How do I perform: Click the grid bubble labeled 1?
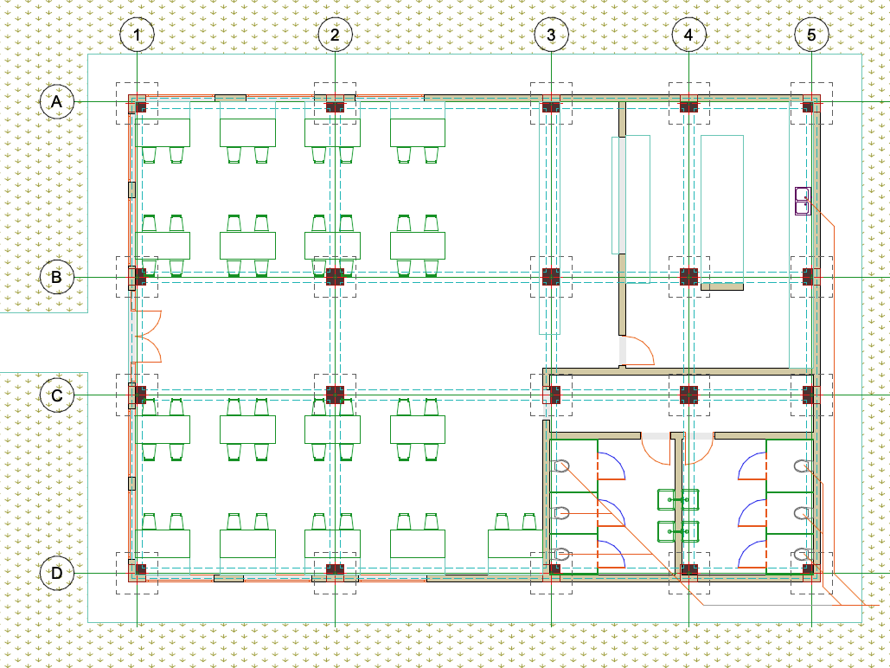pyautogui.click(x=137, y=35)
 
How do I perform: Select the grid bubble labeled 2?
pyautogui.click(x=335, y=35)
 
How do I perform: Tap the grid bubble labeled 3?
pyautogui.click(x=551, y=35)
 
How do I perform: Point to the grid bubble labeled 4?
pyautogui.click(x=688, y=35)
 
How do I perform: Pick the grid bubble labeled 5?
pyautogui.click(x=811, y=35)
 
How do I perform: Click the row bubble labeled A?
pyautogui.click(x=57, y=102)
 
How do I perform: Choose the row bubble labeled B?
pyautogui.click(x=57, y=277)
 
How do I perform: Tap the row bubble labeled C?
pyautogui.click(x=57, y=395)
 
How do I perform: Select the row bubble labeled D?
pyautogui.click(x=57, y=573)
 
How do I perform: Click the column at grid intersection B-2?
pyautogui.click(x=335, y=277)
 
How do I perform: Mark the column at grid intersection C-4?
pyautogui.click(x=688, y=395)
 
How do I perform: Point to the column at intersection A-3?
pyautogui.click(x=551, y=106)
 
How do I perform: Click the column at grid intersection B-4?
pyautogui.click(x=688, y=277)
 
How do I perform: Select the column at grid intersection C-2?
pyautogui.click(x=335, y=395)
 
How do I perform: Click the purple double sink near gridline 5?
pyautogui.click(x=804, y=201)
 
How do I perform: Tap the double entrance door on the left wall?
pyautogui.click(x=146, y=337)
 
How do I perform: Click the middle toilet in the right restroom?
pyautogui.click(x=801, y=514)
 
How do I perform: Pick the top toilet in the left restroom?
pyautogui.click(x=560, y=466)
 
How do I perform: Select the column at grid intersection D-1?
pyautogui.click(x=140, y=568)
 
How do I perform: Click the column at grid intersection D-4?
pyautogui.click(x=688, y=569)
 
